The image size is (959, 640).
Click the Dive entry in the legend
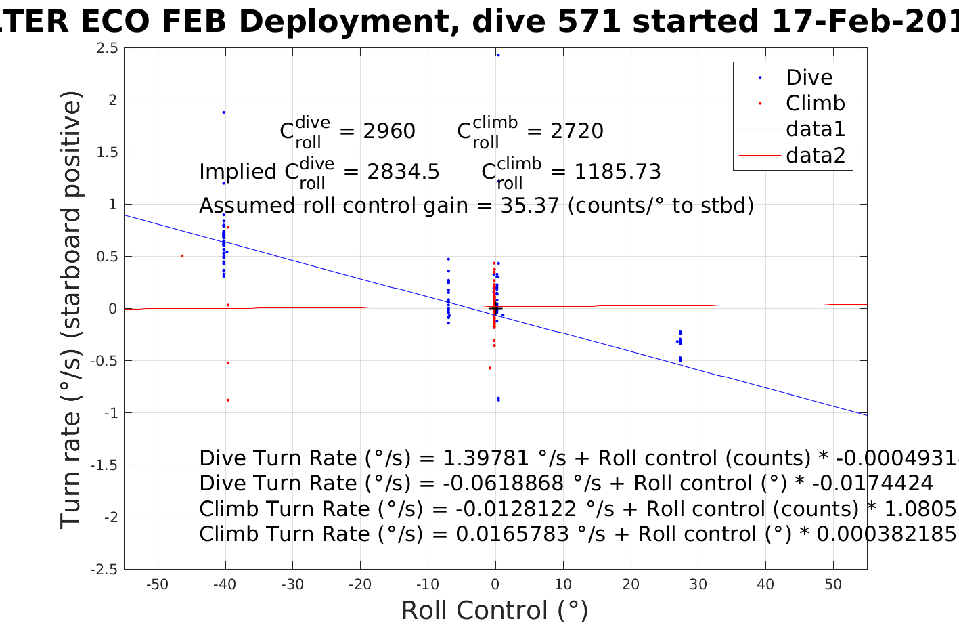[809, 78]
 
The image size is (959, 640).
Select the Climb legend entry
[815, 104]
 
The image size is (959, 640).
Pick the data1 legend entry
[815, 129]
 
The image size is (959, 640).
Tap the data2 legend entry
[815, 155]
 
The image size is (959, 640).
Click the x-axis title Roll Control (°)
[495, 611]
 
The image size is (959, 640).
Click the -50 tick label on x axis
[157, 585]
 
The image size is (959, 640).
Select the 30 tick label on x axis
[698, 585]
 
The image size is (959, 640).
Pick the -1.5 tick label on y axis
[104, 465]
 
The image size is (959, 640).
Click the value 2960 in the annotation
[389, 131]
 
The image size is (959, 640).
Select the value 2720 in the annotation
[577, 131]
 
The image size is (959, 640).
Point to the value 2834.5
[403, 172]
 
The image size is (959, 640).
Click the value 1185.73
[617, 172]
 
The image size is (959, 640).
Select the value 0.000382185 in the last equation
[886, 534]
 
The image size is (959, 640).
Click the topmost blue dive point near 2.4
[498, 55]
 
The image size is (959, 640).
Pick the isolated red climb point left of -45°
[182, 256]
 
